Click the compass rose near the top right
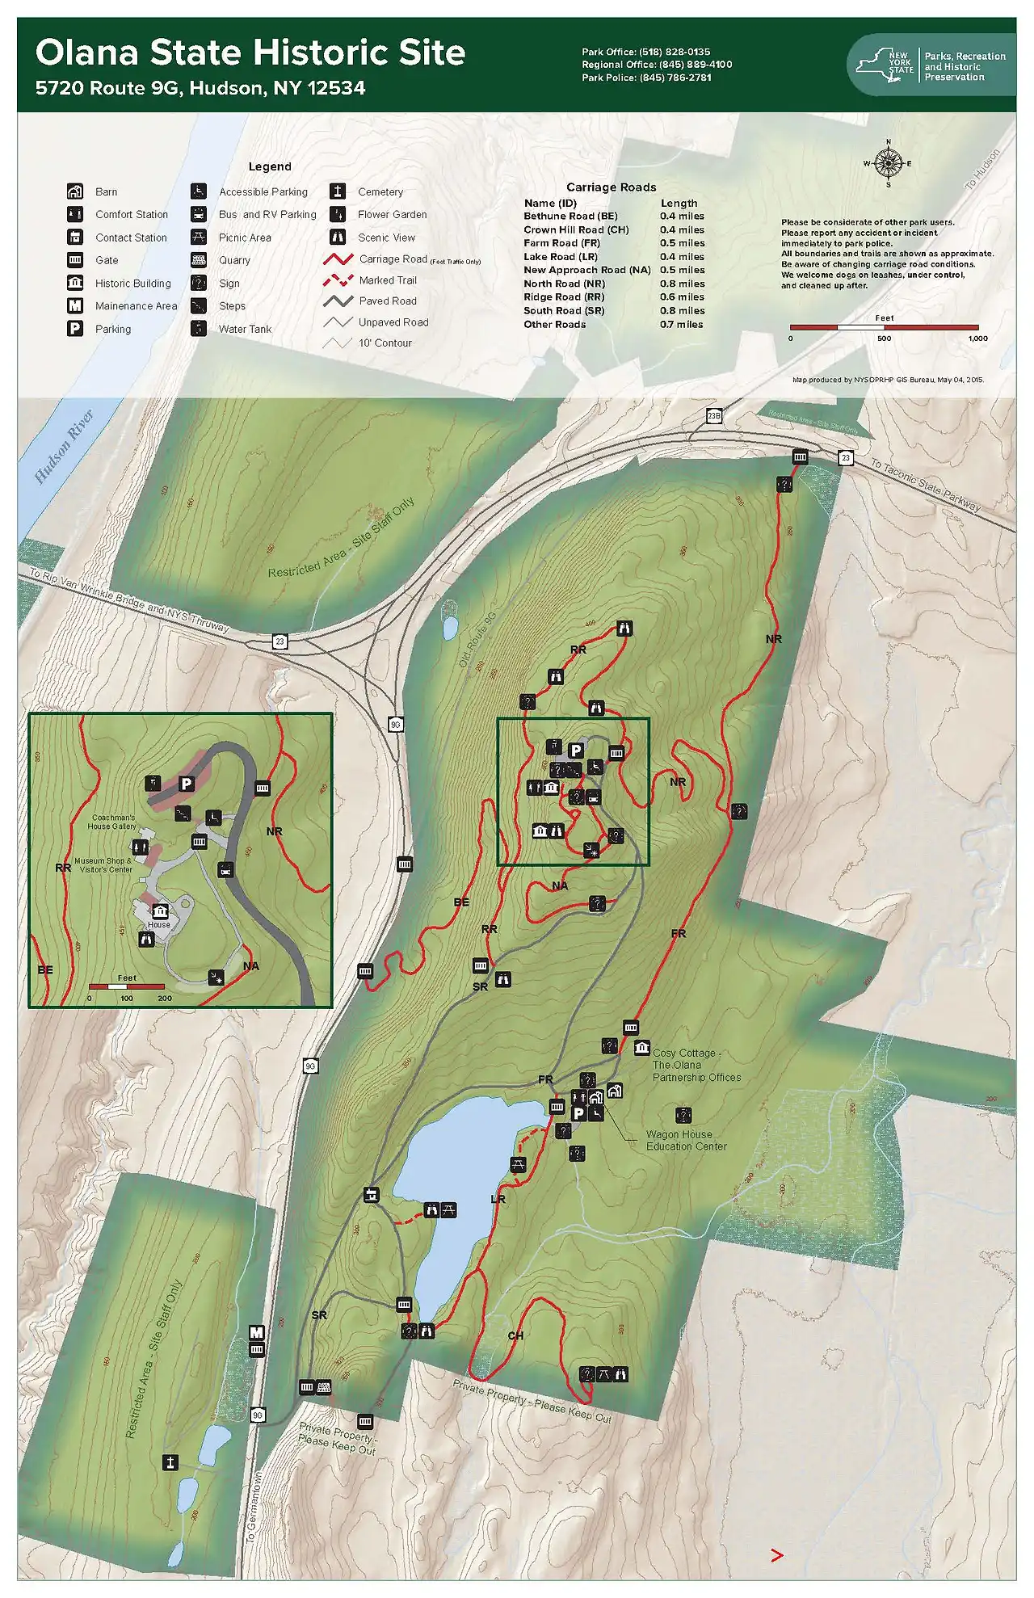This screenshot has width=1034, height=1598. [888, 163]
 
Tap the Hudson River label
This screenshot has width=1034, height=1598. [65, 447]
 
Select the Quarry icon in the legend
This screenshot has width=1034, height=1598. [199, 260]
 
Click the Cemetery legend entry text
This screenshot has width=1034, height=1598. [380, 192]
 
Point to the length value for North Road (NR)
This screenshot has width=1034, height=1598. [682, 284]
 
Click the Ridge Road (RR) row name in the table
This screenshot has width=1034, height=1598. [564, 297]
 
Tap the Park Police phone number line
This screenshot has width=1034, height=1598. [646, 78]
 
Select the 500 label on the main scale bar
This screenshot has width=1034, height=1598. [885, 339]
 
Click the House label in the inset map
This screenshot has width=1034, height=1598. [158, 924]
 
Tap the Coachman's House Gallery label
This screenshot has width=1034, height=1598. [112, 822]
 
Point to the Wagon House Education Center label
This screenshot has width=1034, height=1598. [686, 1140]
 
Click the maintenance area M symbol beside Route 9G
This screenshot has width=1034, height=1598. [256, 1333]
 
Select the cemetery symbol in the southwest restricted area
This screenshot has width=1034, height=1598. [170, 1462]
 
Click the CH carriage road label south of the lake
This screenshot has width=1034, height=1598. [515, 1335]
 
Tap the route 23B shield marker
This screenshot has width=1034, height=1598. [713, 416]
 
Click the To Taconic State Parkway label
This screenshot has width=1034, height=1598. [925, 486]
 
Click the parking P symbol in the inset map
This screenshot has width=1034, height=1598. [186, 783]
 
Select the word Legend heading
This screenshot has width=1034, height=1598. [270, 166]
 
